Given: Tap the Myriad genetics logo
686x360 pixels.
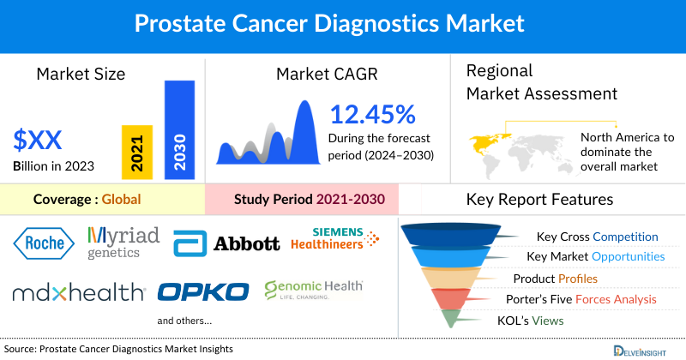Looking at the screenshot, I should point(123,243).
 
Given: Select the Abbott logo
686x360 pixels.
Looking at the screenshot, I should point(226,243).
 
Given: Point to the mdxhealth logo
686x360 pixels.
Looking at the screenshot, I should point(79,292).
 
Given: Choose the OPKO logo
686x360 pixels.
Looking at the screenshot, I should point(203,291).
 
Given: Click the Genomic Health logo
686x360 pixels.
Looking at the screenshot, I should point(313,291).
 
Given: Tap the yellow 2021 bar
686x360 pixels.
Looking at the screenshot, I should point(137,151).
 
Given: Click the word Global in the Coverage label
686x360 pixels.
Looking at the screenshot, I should point(121,200).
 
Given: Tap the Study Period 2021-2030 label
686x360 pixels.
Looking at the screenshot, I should point(309,200).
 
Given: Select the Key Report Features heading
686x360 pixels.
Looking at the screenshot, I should point(539,200).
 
